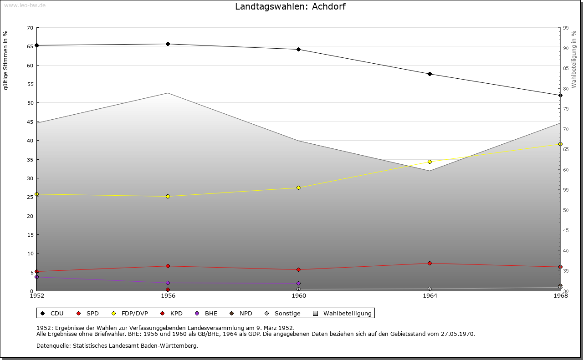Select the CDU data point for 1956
168,44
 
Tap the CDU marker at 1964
430,74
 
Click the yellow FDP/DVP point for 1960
298,188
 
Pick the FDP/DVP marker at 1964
430,162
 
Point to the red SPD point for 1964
430,263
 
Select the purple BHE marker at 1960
298,283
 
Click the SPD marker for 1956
168,266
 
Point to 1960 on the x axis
299,296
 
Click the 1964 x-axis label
430,296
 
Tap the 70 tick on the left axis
30,28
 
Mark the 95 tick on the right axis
565,28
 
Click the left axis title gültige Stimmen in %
6,61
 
